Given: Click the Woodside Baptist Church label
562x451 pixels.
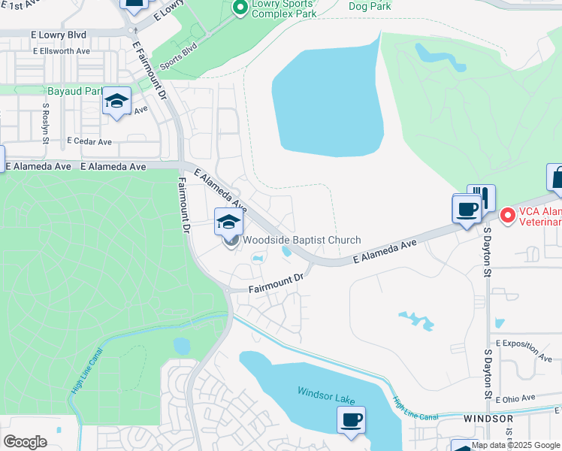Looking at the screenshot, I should tap(301, 241).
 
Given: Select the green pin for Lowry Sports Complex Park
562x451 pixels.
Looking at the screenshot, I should tap(240, 8).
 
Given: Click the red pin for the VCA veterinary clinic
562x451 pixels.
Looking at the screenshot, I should tap(508, 216).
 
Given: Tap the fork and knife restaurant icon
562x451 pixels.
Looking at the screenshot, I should tap(481, 198).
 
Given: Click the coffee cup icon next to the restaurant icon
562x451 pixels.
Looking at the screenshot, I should tap(466, 207).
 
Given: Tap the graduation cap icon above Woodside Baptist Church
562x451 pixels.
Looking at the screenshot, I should tap(229, 221).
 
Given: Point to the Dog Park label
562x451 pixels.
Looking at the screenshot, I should tap(370, 6).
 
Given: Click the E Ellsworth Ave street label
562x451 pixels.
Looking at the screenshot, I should tap(61, 51).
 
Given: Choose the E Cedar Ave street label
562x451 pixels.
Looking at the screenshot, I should tap(89, 141).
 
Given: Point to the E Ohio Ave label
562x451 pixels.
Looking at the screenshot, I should tap(518, 398).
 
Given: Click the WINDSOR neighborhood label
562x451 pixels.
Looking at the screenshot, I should tap(488, 419).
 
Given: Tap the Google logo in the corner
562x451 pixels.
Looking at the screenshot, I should tap(25, 442).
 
